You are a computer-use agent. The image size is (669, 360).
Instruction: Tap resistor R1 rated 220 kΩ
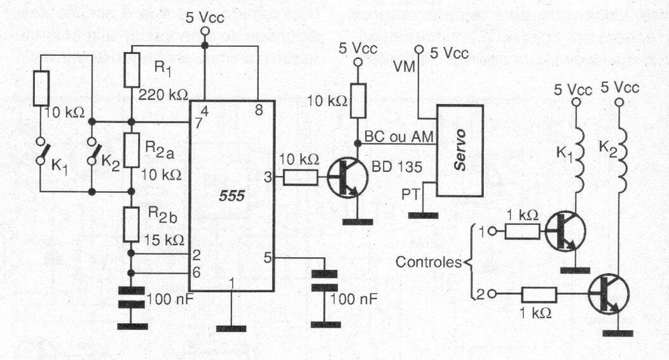pos(131,70)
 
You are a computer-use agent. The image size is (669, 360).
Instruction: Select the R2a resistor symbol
pos(131,150)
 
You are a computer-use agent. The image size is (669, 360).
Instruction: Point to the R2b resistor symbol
pos(131,222)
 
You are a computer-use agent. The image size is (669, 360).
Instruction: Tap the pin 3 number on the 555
pos(268,179)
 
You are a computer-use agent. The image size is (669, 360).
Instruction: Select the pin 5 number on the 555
pos(268,257)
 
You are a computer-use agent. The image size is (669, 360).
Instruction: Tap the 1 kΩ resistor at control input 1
pos(523,231)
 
